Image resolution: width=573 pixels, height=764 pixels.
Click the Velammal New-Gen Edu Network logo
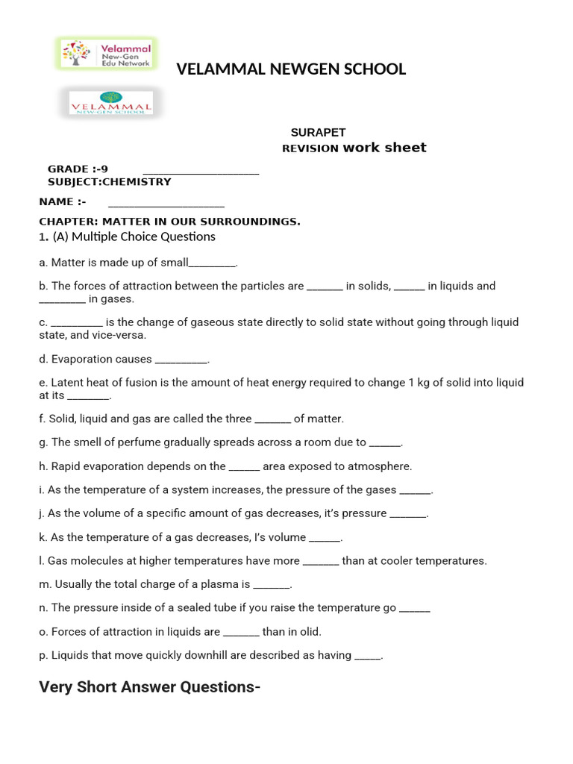tap(106, 53)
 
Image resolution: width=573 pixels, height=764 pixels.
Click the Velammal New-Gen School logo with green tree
tap(110, 103)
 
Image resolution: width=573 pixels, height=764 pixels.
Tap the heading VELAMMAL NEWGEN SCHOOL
tap(291, 69)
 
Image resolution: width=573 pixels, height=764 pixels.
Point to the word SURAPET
tap(318, 132)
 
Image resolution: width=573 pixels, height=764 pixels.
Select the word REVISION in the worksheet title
tap(310, 148)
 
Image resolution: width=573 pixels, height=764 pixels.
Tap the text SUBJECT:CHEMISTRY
tap(109, 181)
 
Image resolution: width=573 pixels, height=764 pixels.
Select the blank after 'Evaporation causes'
tap(181, 360)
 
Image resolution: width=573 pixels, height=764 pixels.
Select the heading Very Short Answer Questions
tap(149, 687)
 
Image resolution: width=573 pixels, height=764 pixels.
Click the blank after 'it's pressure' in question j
tap(408, 514)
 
